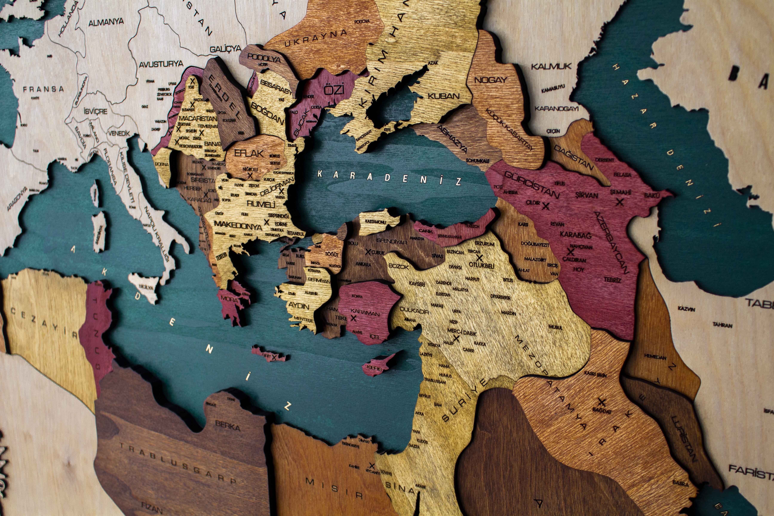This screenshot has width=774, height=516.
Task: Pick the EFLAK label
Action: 249,153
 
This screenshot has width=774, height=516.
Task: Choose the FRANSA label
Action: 43,89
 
